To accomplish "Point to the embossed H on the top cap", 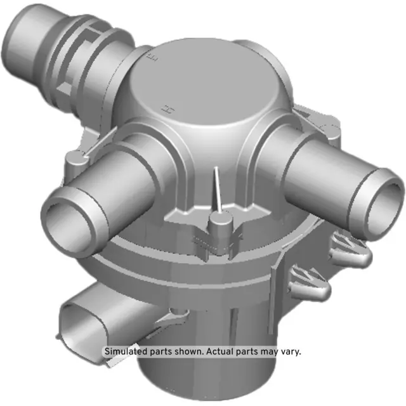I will coord(169,109).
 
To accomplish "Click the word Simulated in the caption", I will coord(126,351).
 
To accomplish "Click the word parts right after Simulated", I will coord(159,351).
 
